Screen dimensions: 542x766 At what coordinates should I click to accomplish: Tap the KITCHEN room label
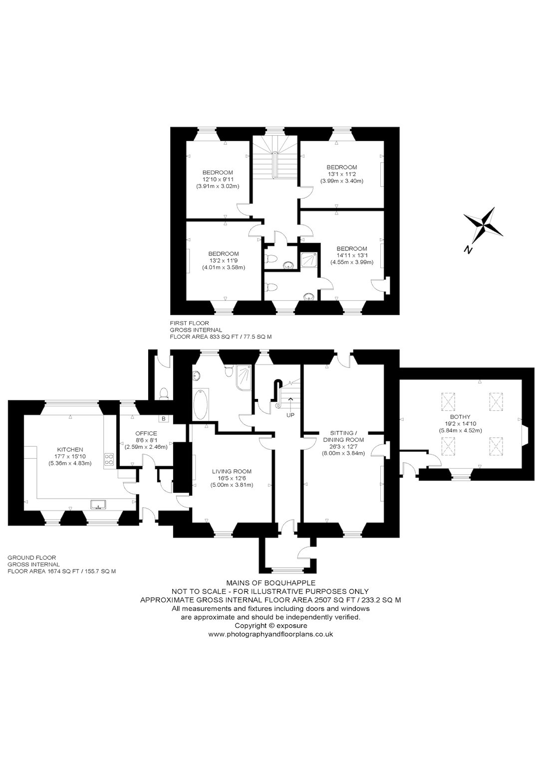70,449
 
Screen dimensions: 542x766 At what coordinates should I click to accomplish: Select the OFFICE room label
146,433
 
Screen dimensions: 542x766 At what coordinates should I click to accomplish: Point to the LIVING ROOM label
232,471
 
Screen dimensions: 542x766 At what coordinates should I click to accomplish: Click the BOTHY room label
460,416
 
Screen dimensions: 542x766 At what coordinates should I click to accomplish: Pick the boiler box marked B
164,418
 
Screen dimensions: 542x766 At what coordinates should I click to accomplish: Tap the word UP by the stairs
290,415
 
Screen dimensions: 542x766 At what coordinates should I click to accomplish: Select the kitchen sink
98,504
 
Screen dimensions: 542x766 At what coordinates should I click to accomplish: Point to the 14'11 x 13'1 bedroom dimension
352,255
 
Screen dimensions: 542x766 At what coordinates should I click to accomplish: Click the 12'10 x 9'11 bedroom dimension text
218,179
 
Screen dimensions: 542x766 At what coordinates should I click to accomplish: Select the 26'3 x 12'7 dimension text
343,447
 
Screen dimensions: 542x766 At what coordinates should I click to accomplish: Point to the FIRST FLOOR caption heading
189,323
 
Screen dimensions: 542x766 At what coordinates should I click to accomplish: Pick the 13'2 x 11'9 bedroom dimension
224,260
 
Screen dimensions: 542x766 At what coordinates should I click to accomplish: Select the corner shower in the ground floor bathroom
245,378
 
